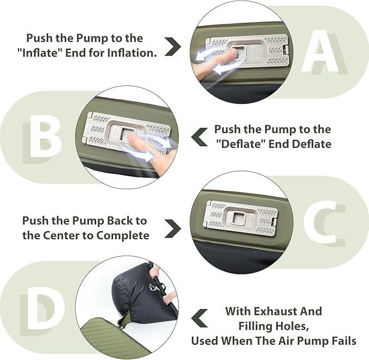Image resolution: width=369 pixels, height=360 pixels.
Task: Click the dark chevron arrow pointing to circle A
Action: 173,46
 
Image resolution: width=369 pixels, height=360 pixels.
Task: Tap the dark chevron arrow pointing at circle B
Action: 199,137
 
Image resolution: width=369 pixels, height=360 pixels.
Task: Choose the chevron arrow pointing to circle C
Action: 173,228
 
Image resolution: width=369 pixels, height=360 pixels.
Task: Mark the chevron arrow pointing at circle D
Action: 199,318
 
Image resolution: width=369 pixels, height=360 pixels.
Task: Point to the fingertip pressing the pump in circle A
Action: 233,53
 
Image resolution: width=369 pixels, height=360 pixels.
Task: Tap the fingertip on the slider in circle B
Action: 129,136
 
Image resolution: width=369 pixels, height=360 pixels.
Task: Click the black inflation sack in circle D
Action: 142,294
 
